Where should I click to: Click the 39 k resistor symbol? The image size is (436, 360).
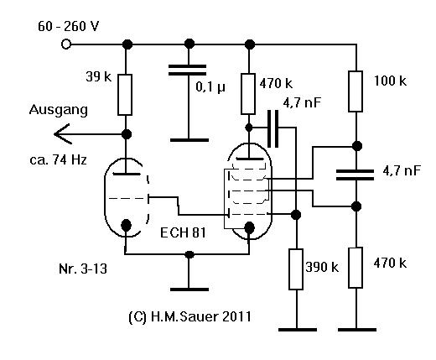coord(125,95)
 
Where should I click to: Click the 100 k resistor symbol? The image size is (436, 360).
coord(356,91)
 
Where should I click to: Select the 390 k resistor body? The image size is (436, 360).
coord(296,269)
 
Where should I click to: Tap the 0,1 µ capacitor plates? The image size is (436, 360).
coord(188,70)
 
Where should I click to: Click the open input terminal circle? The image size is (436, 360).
coord(66,44)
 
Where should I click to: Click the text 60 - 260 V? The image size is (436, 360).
coord(69,27)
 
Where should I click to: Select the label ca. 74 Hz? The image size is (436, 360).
coord(58,160)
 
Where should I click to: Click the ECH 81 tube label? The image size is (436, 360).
coord(183,232)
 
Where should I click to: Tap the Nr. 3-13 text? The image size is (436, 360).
coord(83,269)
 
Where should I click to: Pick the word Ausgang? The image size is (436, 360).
coord(59,110)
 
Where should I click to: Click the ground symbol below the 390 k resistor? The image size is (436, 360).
coord(298,330)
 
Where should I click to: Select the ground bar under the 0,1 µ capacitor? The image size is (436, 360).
coord(189,140)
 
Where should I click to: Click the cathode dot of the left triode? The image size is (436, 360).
coord(127,225)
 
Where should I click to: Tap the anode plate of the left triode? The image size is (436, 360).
coord(127,174)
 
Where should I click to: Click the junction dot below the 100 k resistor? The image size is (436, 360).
coord(357,146)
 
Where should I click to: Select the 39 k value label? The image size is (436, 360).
coord(99,76)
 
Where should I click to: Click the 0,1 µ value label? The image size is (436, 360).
coord(210,87)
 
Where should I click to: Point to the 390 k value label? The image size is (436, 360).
coord(322,268)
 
